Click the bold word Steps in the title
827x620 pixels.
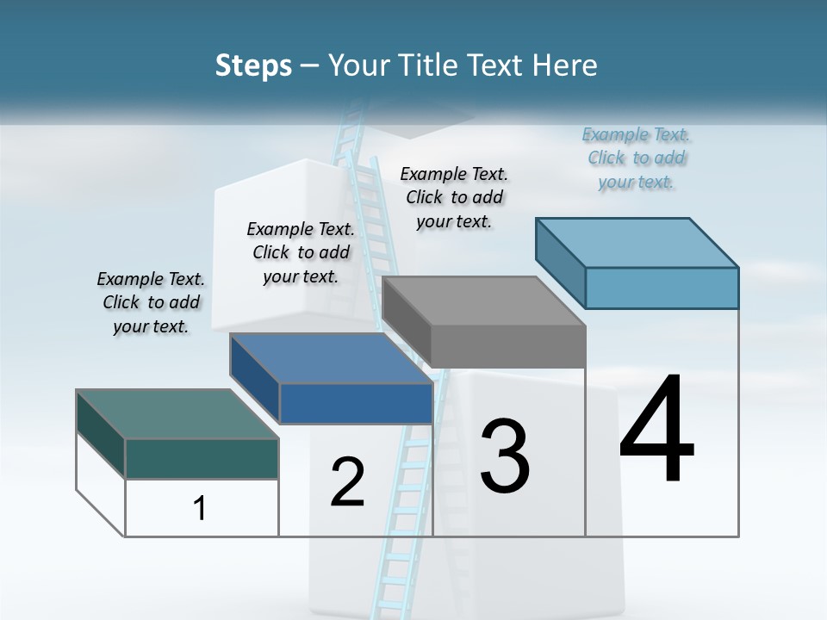point(253,65)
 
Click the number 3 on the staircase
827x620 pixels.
point(504,456)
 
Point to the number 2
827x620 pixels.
point(347,482)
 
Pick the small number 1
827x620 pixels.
point(200,508)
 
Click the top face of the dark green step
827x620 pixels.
point(177,413)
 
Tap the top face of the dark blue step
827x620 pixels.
point(332,358)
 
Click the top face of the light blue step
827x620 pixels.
point(637,242)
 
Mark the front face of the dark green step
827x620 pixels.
point(202,458)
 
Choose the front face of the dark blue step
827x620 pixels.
point(356,403)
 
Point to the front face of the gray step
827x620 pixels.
point(508,346)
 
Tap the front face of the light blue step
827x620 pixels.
point(662,288)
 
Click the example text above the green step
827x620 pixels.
point(151,302)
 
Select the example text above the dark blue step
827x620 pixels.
point(301,252)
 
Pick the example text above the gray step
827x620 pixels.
point(454,197)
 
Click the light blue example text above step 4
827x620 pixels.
point(636,158)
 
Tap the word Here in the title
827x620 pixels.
point(566,65)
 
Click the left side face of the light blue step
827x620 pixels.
point(560,262)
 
